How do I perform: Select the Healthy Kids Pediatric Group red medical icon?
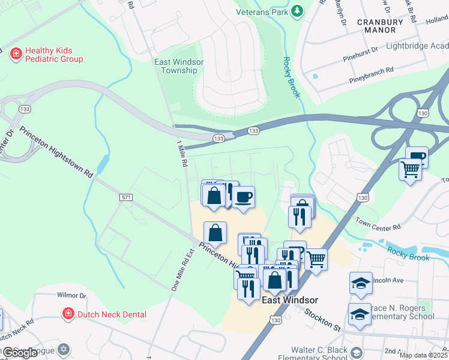[x=16, y=54]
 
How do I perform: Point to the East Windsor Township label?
[x=179, y=66]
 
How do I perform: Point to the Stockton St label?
[x=322, y=319]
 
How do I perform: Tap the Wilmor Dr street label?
[x=71, y=295]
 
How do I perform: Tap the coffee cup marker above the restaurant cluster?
[x=243, y=197]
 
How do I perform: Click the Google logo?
[x=20, y=353]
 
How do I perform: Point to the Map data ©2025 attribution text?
[x=423, y=355]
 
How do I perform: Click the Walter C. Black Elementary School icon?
[x=358, y=352]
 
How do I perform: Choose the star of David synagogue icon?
[x=64, y=349]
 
